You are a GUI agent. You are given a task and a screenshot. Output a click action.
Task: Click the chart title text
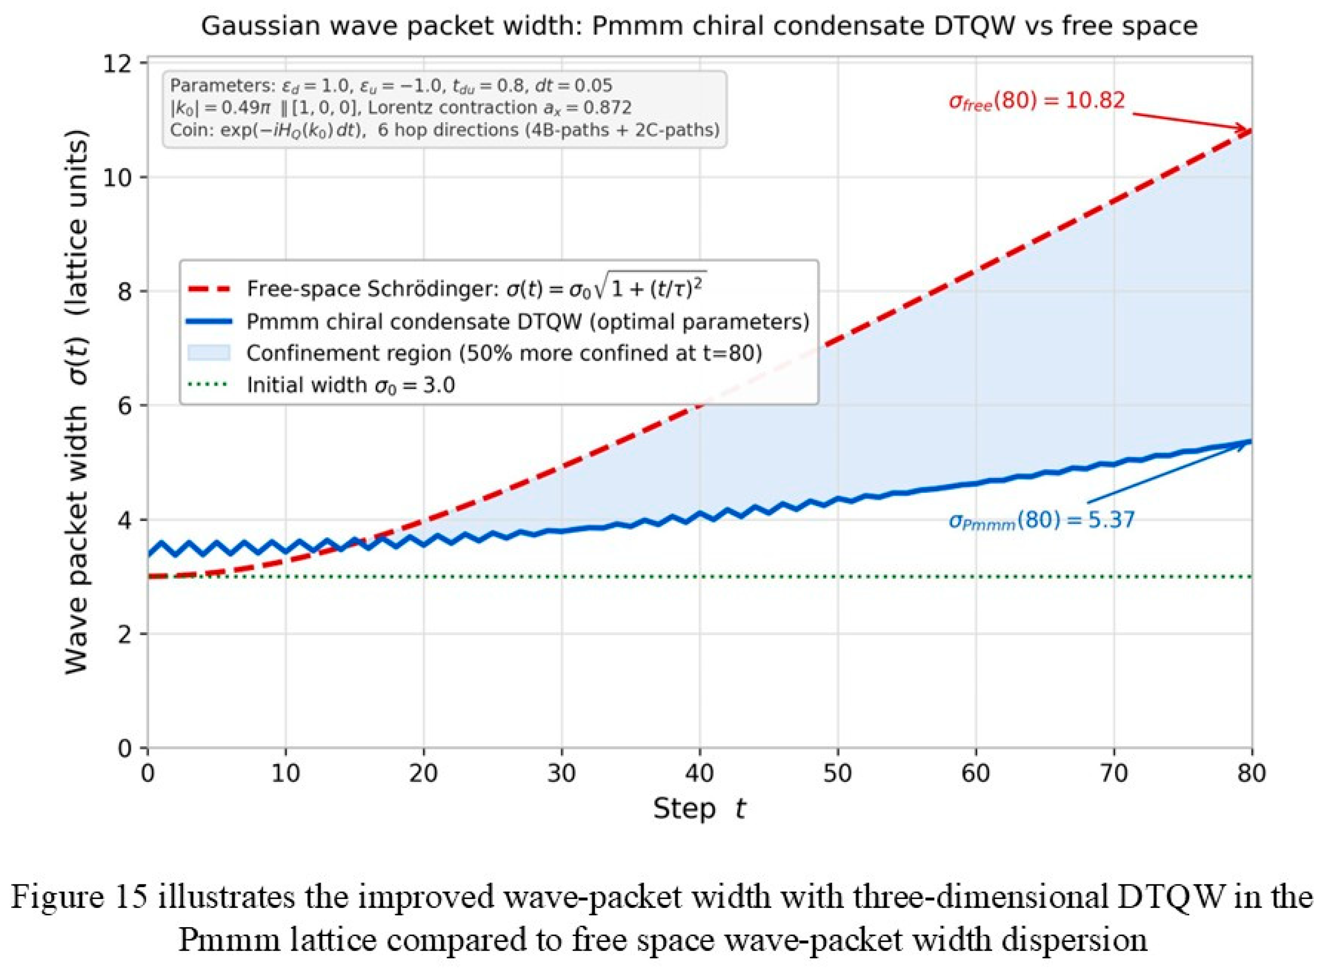point(699,26)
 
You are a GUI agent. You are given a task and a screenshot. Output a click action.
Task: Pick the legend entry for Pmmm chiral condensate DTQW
point(528,321)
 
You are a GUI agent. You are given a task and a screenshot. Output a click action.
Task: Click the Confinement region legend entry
point(504,353)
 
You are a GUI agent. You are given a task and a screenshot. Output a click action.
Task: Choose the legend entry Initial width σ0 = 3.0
point(350,385)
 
